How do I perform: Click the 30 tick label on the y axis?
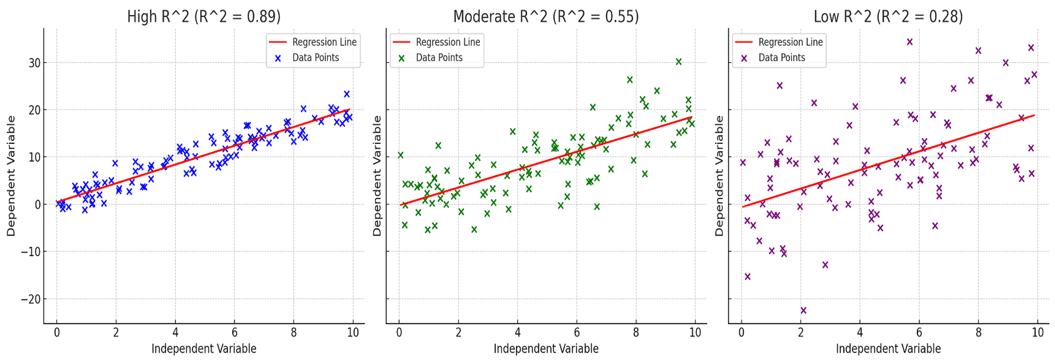tap(34, 63)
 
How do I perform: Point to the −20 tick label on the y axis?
tap(31, 299)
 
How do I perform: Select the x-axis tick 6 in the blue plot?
tap(234, 333)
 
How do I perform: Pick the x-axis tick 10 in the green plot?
tap(695, 333)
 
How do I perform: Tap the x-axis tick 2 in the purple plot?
tap(801, 333)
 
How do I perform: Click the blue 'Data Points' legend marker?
tap(278, 58)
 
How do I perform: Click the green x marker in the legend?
tap(401, 58)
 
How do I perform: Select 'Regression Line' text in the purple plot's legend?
tap(790, 42)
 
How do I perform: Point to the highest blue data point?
tap(346, 94)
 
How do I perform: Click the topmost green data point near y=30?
tap(679, 61)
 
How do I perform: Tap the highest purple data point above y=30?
tap(910, 42)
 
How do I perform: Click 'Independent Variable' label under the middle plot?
tap(546, 349)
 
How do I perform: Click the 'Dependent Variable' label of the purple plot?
tap(719, 176)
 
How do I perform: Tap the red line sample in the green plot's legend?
tap(401, 42)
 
